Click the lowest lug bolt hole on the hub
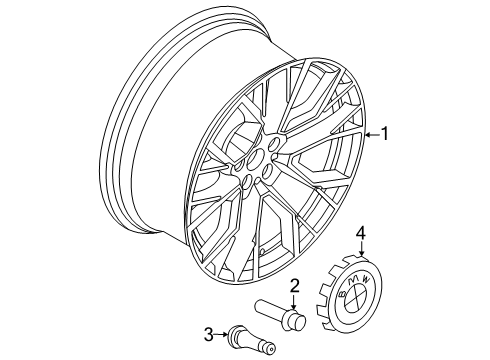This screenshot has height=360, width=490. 246,184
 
